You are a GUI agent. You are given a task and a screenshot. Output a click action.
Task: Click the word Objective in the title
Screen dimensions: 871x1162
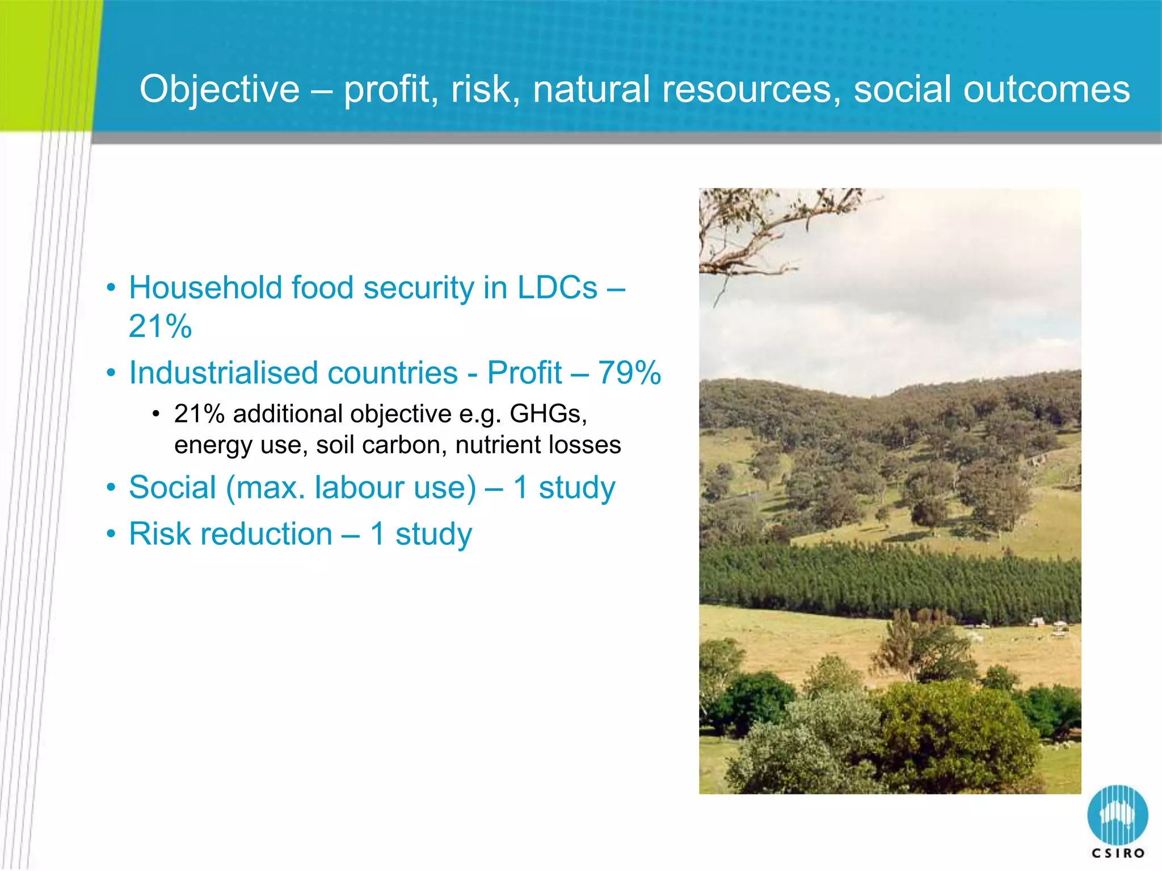click(220, 90)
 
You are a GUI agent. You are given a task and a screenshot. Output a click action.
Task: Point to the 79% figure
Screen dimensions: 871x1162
click(629, 373)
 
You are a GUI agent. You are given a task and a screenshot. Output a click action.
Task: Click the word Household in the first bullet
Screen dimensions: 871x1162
click(205, 287)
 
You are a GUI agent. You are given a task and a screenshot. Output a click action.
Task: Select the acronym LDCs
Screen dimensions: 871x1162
click(557, 287)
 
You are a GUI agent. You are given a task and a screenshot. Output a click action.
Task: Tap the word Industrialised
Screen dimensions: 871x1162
click(293, 373)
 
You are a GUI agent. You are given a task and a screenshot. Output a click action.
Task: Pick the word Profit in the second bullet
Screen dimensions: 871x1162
click(524, 373)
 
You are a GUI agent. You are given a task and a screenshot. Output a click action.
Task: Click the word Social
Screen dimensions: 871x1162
click(172, 487)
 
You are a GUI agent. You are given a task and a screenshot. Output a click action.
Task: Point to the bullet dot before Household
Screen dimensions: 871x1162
click(111, 288)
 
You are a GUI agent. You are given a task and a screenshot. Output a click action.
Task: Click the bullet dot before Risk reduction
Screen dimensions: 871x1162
click(111, 534)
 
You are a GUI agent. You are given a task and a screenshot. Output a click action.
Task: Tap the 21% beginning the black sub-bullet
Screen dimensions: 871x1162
click(199, 414)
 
